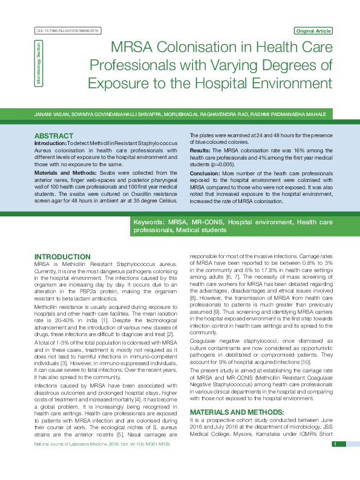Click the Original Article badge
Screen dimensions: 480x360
click(x=313, y=30)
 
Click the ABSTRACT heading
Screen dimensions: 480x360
click(x=53, y=136)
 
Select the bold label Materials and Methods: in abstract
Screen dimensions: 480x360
click(x=62, y=172)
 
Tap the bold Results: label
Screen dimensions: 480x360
click(x=200, y=149)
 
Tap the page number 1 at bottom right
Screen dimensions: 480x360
click(x=334, y=461)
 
